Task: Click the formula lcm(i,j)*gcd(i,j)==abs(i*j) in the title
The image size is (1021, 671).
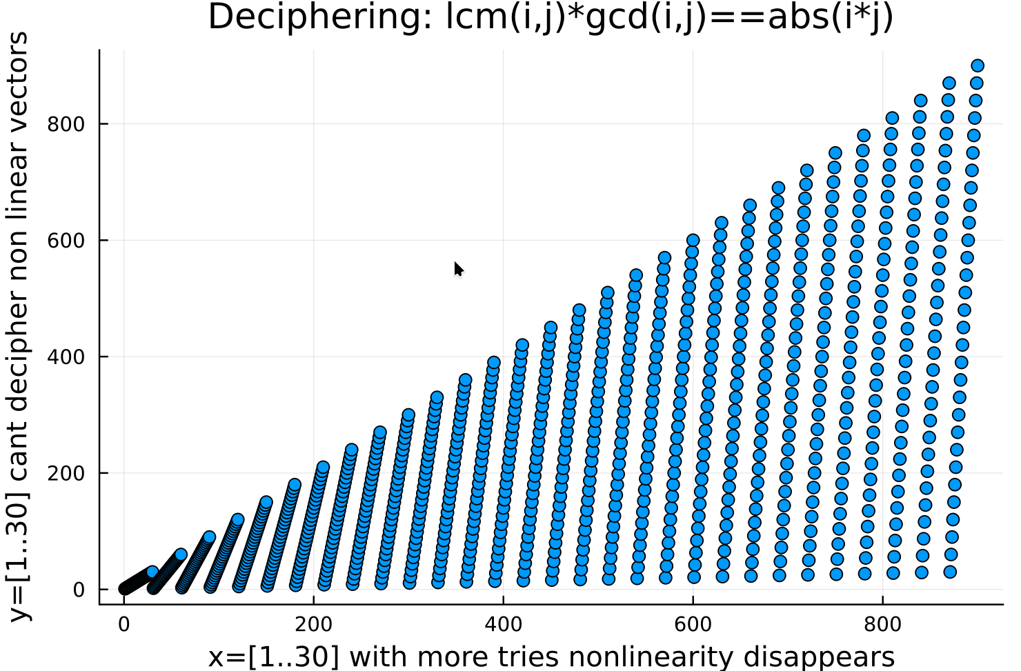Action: [x=669, y=17]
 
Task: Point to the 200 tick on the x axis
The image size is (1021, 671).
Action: [x=313, y=624]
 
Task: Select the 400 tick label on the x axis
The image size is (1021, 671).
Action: [x=503, y=624]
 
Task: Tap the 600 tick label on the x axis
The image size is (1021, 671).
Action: [x=693, y=624]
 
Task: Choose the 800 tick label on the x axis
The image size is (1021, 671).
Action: [x=882, y=624]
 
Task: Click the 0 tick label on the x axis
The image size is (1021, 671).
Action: [x=124, y=624]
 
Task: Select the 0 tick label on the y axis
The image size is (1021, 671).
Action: [x=79, y=590]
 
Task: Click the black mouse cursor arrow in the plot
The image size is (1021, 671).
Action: [x=458, y=269]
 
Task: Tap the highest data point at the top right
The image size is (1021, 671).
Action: [x=977, y=66]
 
